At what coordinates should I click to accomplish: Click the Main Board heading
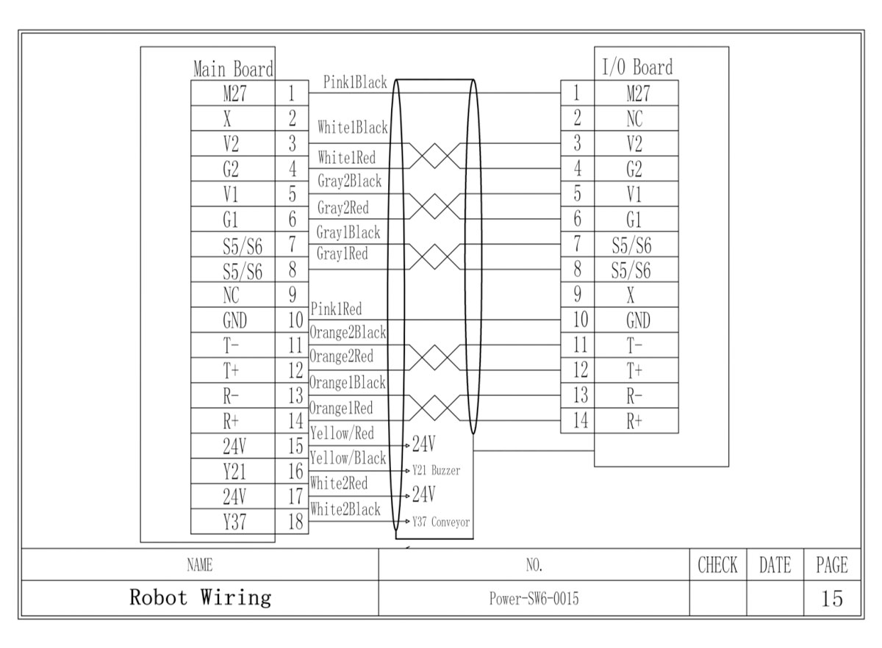[x=233, y=69]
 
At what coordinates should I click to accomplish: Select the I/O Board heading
[x=637, y=68]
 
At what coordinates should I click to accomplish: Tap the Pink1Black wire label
[x=354, y=83]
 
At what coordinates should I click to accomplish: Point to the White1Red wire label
[x=347, y=157]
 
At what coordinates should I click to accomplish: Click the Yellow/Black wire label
[x=348, y=458]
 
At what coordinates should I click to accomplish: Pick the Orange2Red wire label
[x=341, y=357]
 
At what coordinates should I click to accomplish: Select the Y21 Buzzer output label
[x=436, y=471]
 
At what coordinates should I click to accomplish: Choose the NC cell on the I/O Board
[x=636, y=119]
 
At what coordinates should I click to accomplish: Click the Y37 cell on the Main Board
[x=234, y=522]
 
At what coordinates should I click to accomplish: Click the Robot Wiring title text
[x=200, y=597]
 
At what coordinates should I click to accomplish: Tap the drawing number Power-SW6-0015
[x=534, y=599]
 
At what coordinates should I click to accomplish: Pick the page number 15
[x=832, y=599]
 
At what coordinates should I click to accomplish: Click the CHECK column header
[x=717, y=565]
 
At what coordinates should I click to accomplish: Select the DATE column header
[x=775, y=565]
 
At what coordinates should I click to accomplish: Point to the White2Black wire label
[x=345, y=509]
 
